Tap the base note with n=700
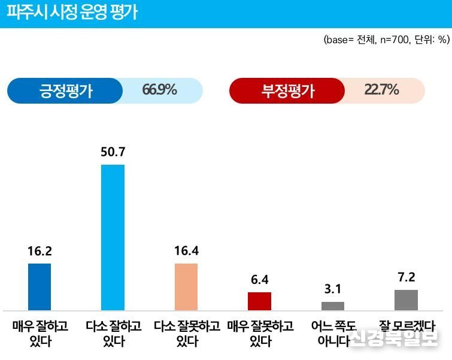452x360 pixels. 386,40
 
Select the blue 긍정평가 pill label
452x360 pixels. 66,91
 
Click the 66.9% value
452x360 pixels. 159,90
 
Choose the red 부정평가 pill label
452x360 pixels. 288,91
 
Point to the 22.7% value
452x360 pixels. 381,90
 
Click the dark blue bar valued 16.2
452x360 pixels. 40,286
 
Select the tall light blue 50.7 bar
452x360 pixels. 113,237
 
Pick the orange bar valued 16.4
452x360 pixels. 186,286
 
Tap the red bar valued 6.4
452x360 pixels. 260,301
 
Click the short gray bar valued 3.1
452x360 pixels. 333,305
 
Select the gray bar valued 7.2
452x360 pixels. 406,300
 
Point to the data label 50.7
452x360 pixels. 113,153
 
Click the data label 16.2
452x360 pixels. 40,252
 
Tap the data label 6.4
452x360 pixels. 260,280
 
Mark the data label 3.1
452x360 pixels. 333,290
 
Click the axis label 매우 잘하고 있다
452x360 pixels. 40,334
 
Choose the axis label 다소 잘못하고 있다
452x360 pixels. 186,334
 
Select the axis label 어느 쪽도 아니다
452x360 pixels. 333,334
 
